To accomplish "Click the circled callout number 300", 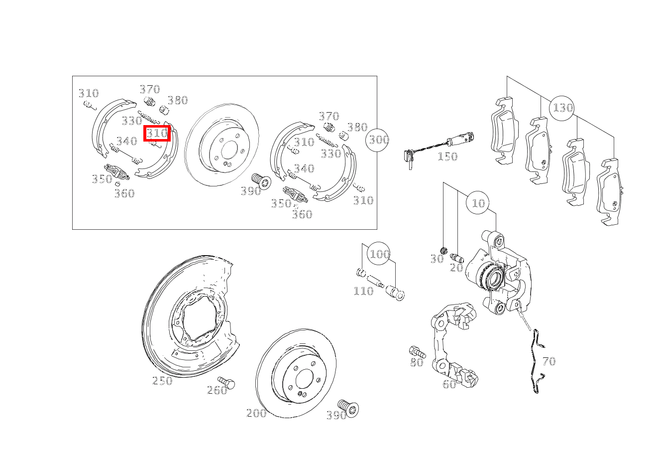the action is (377, 140).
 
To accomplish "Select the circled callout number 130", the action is (561, 108).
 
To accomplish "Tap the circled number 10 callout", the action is (478, 203).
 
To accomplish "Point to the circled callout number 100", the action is (379, 253).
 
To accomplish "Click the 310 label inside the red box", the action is (157, 134).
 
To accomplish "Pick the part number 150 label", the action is (447, 156).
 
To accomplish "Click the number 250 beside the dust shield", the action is (162, 381).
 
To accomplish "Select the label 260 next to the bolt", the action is (217, 390).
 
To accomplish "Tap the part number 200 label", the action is (256, 413).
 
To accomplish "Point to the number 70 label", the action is (549, 361).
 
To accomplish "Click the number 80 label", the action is (417, 362).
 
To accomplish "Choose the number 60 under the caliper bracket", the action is (449, 384).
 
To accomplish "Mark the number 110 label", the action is (363, 291).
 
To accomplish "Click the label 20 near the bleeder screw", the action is (456, 268).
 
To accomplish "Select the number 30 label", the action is (437, 259).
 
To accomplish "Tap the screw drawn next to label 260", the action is (226, 383).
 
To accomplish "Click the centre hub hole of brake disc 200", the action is (304, 379).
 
